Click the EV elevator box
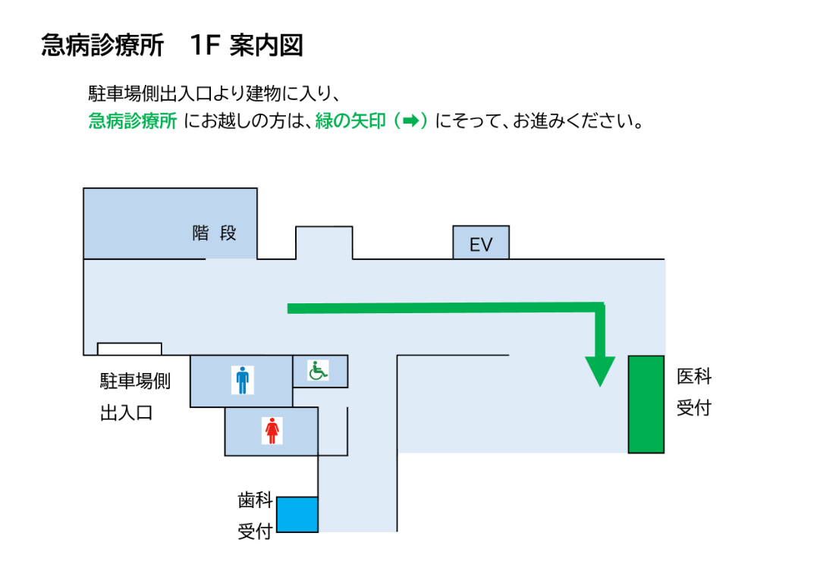click(x=481, y=243)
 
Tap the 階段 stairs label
click(x=215, y=234)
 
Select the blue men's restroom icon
click(x=242, y=380)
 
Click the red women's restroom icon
click(x=272, y=430)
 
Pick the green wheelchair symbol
click(x=318, y=371)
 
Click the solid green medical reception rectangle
click(x=646, y=404)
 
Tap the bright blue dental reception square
click(x=297, y=514)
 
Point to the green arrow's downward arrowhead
click(x=600, y=371)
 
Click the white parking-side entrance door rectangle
click(x=130, y=349)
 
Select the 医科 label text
click(x=694, y=376)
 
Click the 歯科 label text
click(x=255, y=500)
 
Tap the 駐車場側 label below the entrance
click(x=135, y=381)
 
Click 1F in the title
click(x=205, y=45)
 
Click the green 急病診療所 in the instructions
click(x=132, y=121)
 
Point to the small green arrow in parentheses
click(x=410, y=121)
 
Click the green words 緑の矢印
click(x=350, y=121)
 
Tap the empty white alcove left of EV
click(x=324, y=243)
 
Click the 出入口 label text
click(x=127, y=413)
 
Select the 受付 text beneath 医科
click(x=694, y=408)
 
